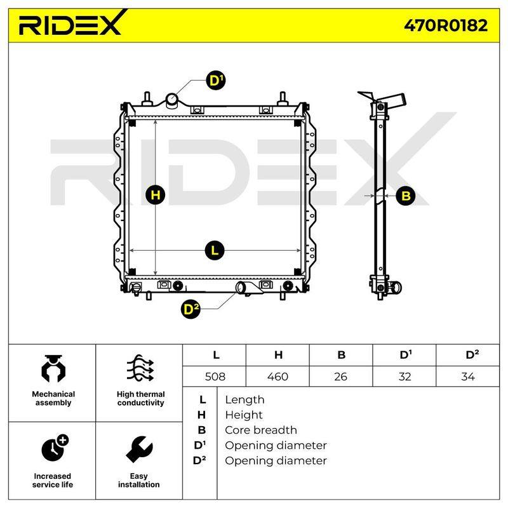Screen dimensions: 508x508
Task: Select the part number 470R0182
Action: (x=446, y=25)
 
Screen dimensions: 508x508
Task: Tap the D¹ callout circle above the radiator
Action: (x=215, y=80)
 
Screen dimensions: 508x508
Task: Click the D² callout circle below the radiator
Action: (x=190, y=309)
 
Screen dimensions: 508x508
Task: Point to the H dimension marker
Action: (x=156, y=195)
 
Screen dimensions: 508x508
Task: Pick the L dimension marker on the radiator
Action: (x=215, y=250)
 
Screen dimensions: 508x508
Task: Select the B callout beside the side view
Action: (x=406, y=196)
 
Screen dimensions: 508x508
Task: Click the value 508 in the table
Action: (x=215, y=377)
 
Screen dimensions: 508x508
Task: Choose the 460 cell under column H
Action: (x=277, y=377)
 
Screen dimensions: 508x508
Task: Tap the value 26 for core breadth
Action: (x=340, y=377)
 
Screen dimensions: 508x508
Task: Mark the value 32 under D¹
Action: (x=404, y=377)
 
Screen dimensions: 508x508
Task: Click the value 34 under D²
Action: (x=468, y=377)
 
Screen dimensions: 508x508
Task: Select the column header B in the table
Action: (x=341, y=355)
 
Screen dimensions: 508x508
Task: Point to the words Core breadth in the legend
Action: (x=261, y=430)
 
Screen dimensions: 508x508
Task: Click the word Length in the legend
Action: (x=244, y=400)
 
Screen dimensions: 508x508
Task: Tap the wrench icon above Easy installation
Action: (x=139, y=449)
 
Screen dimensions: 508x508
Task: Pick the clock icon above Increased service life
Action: (x=55, y=448)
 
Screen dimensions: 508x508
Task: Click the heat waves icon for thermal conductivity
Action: (x=140, y=368)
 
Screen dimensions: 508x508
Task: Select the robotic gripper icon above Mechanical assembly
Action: (x=53, y=368)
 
